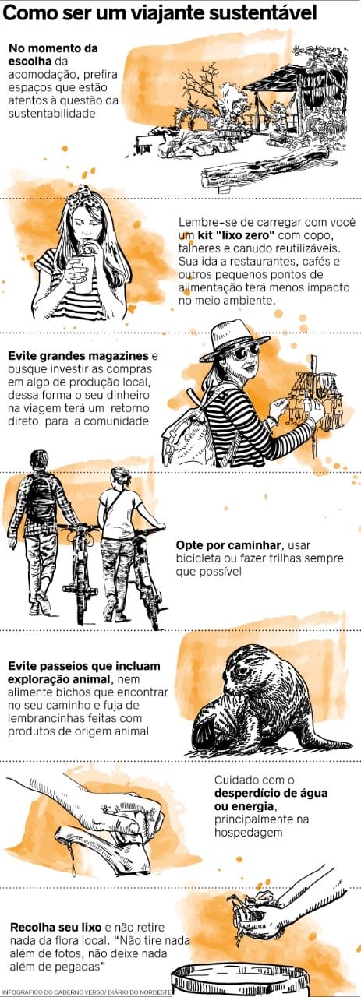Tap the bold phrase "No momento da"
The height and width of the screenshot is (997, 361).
pos(53,48)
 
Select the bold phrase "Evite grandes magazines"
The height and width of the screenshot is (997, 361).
pos(78,356)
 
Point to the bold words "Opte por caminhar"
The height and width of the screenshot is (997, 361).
pos(228,545)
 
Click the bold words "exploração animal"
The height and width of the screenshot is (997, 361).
pos(58,679)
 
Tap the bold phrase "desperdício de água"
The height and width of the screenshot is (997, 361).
pos(271,793)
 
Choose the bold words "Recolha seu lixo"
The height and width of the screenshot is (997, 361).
pos(56,927)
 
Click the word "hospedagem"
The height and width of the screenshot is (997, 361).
pos(249,833)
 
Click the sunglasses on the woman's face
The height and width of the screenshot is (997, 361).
pos(247,353)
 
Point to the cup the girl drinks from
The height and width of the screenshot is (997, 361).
pos(85,273)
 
